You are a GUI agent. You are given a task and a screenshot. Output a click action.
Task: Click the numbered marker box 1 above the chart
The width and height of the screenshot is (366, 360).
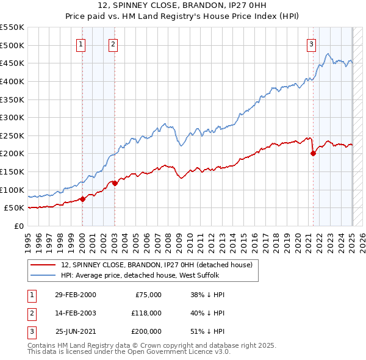pyautogui.click(x=81, y=43)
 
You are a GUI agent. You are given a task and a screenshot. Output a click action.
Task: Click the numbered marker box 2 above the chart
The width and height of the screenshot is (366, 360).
pyautogui.click(x=113, y=43)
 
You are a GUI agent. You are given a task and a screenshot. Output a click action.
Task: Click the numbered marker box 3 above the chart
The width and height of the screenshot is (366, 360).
pyautogui.click(x=311, y=43)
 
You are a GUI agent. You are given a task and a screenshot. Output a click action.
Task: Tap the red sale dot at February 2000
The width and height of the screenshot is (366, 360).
pyautogui.click(x=82, y=199)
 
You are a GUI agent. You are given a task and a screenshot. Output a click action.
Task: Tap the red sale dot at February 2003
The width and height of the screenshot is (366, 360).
pyautogui.click(x=114, y=183)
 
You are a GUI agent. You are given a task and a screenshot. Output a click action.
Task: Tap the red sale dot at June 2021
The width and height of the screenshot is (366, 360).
pyautogui.click(x=313, y=153)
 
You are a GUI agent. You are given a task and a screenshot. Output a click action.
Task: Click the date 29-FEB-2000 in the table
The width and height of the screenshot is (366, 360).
pyautogui.click(x=75, y=295)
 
